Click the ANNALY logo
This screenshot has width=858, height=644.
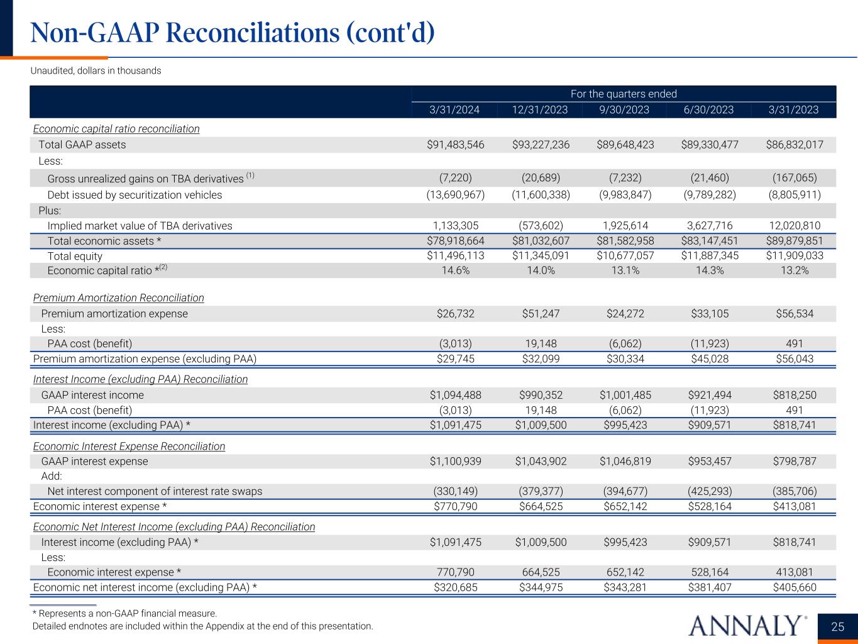(747, 625)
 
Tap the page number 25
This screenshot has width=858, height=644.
(837, 626)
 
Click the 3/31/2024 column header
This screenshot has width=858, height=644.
(454, 110)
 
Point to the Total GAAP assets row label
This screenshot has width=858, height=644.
(82, 145)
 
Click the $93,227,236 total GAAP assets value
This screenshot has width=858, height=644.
(541, 145)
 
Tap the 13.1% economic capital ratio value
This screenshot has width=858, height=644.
(625, 270)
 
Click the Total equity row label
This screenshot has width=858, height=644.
(75, 256)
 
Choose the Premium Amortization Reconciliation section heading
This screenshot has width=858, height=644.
(118, 297)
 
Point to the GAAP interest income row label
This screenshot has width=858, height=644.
(92, 395)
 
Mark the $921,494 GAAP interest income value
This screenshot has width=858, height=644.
(710, 395)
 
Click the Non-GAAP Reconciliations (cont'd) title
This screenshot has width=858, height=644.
(233, 33)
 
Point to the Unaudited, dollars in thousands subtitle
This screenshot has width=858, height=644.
(96, 70)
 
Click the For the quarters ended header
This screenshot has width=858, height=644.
(624, 94)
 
